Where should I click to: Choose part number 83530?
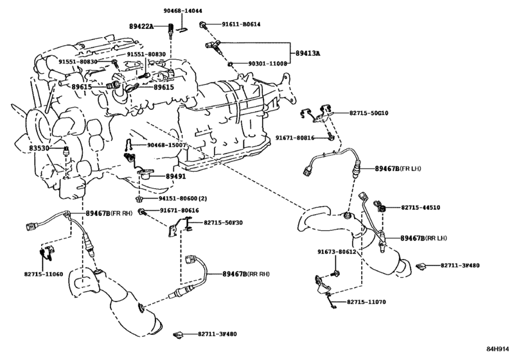39,148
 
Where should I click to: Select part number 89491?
176,174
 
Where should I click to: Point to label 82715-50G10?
369,113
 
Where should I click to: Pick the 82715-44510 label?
420,208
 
